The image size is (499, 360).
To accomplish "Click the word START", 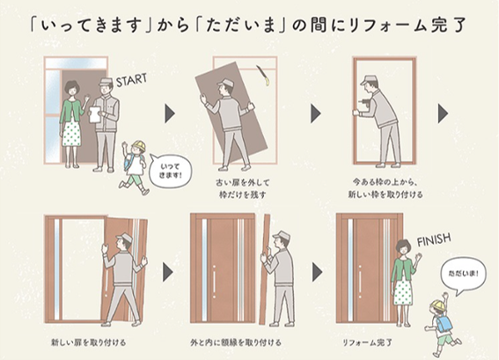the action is click(131, 80).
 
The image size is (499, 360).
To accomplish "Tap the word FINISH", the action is click(434, 239).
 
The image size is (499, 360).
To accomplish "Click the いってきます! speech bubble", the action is click(171, 171).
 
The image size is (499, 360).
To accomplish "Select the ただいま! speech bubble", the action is click(463, 275).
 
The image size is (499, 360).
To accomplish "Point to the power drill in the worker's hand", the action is click(363, 103).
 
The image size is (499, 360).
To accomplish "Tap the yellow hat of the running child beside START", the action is click(139, 146).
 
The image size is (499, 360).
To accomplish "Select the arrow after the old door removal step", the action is click(316, 114).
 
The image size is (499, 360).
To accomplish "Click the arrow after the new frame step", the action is click(443, 114).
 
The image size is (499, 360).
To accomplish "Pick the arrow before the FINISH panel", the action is click(317, 273).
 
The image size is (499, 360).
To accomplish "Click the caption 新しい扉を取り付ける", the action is click(89, 342).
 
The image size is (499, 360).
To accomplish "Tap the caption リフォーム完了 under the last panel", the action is click(367, 342).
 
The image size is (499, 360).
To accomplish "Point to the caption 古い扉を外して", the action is click(243, 182).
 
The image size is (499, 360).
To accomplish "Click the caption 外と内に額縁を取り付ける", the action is click(236, 342).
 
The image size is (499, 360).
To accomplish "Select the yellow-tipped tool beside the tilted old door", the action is click(263, 76).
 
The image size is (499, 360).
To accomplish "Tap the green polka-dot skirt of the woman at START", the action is click(71, 133).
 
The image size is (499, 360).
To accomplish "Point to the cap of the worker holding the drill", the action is click(369, 79).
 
